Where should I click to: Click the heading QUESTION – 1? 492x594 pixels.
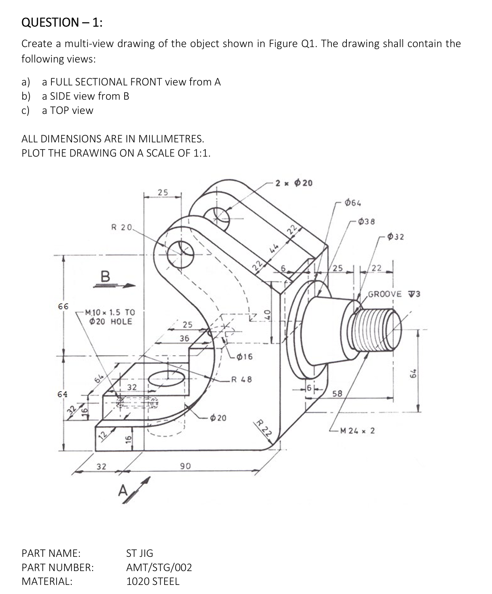(62, 23)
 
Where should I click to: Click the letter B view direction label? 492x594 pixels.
(105, 276)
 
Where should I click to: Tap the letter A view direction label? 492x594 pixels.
(123, 491)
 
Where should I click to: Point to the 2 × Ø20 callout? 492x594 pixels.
(294, 183)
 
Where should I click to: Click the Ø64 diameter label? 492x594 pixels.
(353, 203)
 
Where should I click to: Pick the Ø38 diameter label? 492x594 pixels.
(367, 221)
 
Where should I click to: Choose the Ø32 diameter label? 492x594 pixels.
(395, 237)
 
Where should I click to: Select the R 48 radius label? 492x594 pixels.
(241, 380)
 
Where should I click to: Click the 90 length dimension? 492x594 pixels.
(185, 466)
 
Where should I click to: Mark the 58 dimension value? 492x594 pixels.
(337, 393)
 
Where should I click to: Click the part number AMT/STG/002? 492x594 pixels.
(159, 568)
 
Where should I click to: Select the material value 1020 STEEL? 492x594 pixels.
(153, 581)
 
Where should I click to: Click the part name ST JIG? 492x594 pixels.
(140, 553)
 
